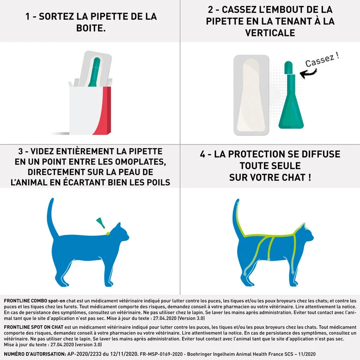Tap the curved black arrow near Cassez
point(308,72)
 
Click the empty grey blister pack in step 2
point(251,95)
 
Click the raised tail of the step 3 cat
point(52,217)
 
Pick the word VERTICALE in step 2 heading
point(270,33)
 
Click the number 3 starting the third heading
point(20,151)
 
